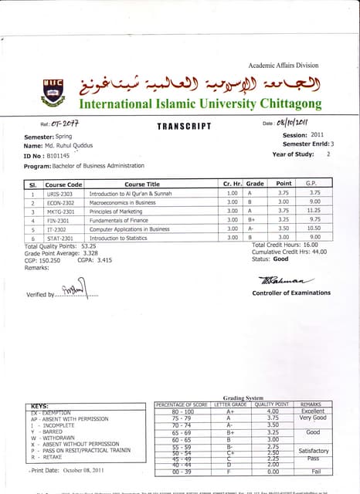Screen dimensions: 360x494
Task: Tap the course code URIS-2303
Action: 63,195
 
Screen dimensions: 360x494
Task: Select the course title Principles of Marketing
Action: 117,210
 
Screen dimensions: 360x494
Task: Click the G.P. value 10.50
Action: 314,228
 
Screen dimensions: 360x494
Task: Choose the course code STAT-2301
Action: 63,239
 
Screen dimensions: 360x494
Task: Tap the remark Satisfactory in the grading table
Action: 314,450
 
